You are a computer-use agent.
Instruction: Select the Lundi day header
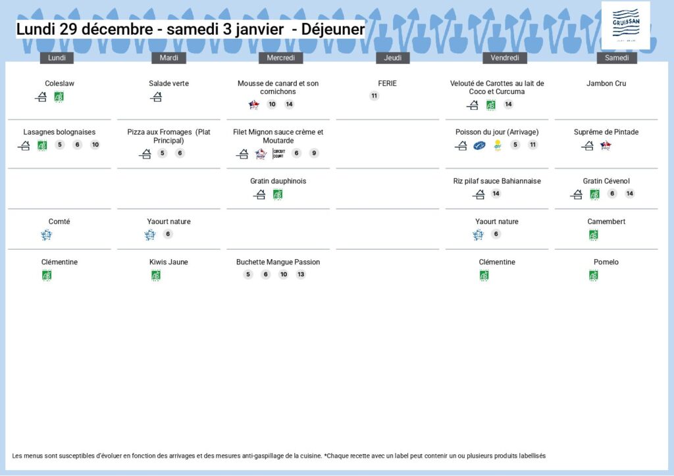(x=57, y=58)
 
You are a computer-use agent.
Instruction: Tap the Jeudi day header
(x=393, y=58)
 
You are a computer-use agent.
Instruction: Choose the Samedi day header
(x=617, y=58)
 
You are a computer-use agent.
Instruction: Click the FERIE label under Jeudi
(x=387, y=83)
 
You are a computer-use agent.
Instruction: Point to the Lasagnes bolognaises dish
(x=59, y=132)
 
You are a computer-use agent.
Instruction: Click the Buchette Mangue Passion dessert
(x=278, y=262)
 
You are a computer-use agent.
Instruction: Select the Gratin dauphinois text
(x=278, y=181)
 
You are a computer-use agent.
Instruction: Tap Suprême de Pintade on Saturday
(x=606, y=132)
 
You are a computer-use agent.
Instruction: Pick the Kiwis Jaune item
(x=168, y=262)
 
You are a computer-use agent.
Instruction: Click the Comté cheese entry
(x=59, y=222)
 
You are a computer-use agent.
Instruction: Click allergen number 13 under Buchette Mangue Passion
(x=301, y=274)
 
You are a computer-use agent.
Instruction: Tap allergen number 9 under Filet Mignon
(x=314, y=153)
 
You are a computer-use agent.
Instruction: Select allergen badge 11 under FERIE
(x=375, y=96)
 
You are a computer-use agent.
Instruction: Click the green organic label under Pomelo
(x=594, y=275)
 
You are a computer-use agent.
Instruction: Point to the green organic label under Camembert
(x=594, y=235)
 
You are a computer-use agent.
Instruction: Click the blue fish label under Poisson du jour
(x=479, y=145)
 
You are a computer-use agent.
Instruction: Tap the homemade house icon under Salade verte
(x=156, y=97)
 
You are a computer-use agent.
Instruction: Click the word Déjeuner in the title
(x=333, y=29)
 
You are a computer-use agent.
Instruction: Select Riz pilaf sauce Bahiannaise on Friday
(x=497, y=181)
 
